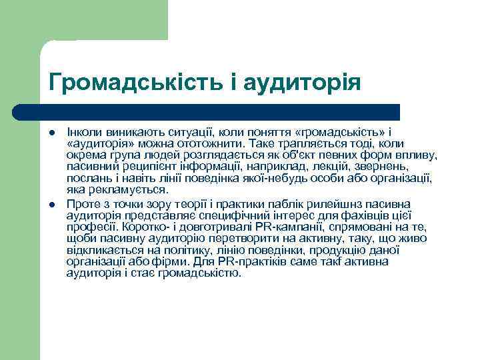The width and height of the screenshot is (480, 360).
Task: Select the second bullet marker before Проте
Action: click(x=53, y=203)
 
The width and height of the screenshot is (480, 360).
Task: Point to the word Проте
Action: click(x=83, y=203)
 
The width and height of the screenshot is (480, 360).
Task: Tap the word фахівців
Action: click(x=347, y=215)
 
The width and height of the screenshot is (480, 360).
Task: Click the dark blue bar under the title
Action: click(x=207, y=111)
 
